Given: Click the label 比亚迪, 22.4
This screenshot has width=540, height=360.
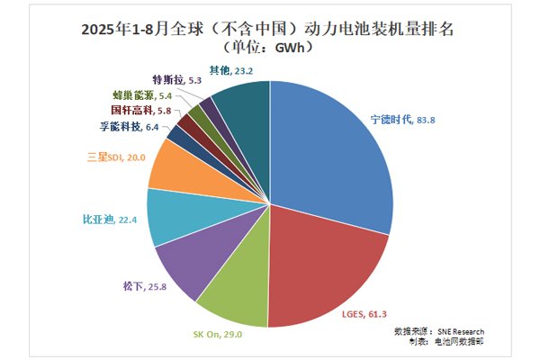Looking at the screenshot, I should click(103, 219).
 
